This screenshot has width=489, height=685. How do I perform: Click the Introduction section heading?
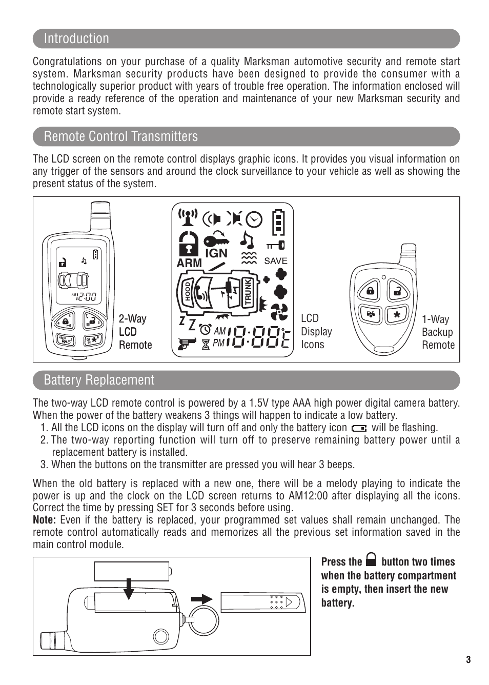click(76, 38)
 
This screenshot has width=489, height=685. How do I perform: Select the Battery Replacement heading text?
click(99, 380)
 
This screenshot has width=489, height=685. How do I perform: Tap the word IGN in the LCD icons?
click(216, 253)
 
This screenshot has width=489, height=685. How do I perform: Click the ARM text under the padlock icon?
click(189, 263)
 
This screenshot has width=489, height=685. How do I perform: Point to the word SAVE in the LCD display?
click(276, 261)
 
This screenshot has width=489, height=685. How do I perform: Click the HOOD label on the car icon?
click(188, 291)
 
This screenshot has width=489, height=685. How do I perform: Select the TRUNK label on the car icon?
click(248, 292)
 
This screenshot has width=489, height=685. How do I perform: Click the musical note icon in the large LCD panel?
click(248, 240)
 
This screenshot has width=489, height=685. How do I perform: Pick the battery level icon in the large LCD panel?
click(278, 221)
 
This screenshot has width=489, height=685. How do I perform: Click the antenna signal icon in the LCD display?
click(188, 217)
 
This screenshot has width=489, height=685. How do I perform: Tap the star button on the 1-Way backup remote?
click(397, 315)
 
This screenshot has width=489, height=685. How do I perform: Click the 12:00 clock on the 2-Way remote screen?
click(85, 296)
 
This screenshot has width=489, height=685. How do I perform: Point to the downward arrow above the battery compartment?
click(129, 589)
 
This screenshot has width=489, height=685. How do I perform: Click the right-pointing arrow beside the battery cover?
click(202, 599)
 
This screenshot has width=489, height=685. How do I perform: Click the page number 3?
click(468, 660)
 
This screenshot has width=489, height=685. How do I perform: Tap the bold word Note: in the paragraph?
click(44, 520)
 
